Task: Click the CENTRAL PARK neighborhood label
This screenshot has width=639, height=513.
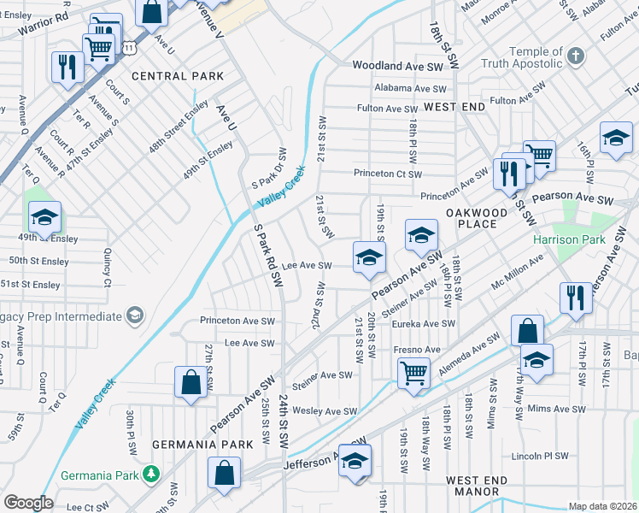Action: (x=178, y=76)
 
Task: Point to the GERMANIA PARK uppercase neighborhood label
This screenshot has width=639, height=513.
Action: (x=202, y=445)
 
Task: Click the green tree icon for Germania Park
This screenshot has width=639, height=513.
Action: (x=151, y=473)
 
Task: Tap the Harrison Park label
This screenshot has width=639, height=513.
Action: (x=569, y=239)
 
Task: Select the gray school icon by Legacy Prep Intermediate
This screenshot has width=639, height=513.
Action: (x=134, y=316)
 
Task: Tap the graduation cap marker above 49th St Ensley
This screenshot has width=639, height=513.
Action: (x=45, y=217)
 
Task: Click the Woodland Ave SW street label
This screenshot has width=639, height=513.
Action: (x=398, y=66)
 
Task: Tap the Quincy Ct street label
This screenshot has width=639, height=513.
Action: (x=108, y=268)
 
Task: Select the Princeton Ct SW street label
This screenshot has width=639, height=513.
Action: (x=389, y=174)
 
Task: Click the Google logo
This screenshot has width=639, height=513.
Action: (x=29, y=503)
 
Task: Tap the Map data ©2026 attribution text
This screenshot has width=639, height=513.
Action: (x=602, y=506)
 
